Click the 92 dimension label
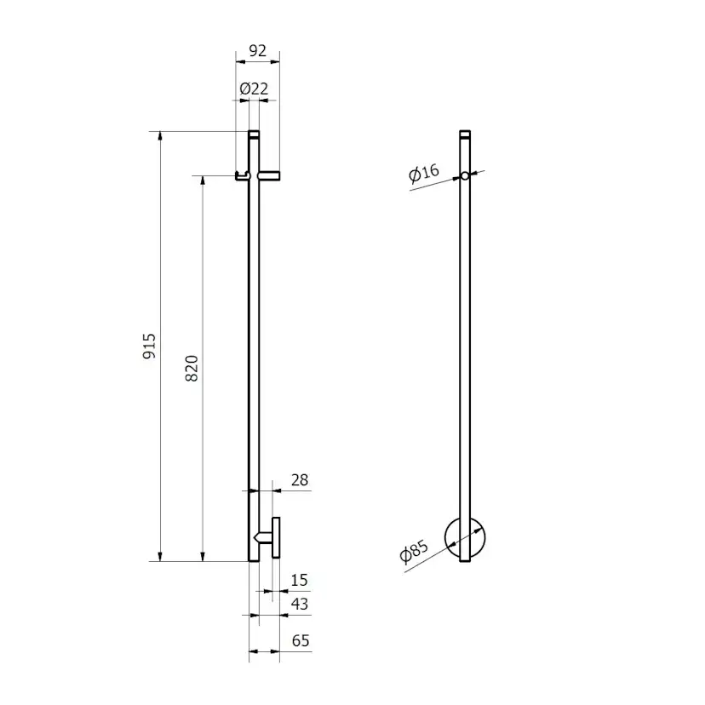coord(257,50)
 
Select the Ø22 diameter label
coord(254,89)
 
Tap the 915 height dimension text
coord(149,346)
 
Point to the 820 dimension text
coord(192,368)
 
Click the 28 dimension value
coord(300,480)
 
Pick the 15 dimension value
coord(299,580)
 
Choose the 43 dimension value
coord(300,604)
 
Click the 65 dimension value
coord(301,640)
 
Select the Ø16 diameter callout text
coord(423,173)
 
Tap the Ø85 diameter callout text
coord(414,551)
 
